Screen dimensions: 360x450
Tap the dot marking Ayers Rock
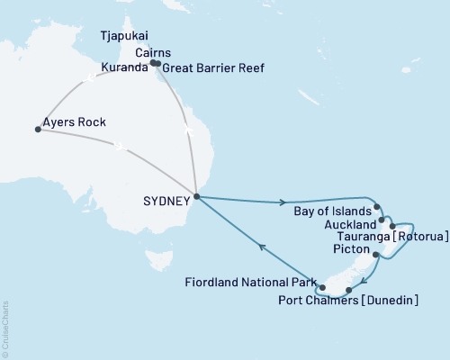[38, 130]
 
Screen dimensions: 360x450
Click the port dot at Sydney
[196, 197]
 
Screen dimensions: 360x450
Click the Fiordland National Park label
[249, 282]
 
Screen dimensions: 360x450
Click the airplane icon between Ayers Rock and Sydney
[120, 143]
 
